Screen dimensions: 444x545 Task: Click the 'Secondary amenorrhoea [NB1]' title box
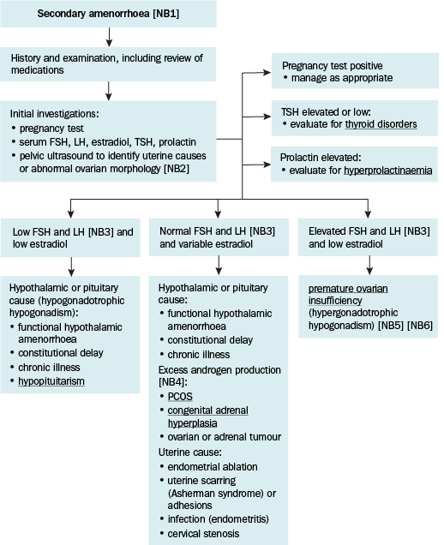[x=109, y=14]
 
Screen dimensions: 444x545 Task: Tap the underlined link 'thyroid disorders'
[x=381, y=124]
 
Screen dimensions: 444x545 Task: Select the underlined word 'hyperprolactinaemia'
[x=388, y=171]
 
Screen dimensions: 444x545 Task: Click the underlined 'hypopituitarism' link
[x=51, y=381]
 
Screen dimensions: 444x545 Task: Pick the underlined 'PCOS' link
[x=180, y=397]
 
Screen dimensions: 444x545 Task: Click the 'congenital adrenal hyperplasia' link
[x=208, y=416]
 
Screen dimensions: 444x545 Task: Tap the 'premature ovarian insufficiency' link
[x=348, y=295]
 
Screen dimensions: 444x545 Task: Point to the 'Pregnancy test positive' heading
[x=332, y=66]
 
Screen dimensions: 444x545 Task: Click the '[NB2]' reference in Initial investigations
[x=177, y=169]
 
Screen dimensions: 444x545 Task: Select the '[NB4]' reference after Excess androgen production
[x=171, y=382]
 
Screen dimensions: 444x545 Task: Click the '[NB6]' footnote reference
[x=420, y=326]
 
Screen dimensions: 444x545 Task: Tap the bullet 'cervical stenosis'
[x=203, y=534]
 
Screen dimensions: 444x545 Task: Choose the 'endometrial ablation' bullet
[x=213, y=466]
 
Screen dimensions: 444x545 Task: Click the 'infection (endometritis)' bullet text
[x=219, y=519]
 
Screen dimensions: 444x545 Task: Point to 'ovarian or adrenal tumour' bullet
[x=225, y=437]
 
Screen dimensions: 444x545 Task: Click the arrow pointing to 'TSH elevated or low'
[x=256, y=117]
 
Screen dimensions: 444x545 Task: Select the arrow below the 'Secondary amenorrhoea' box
[x=109, y=37]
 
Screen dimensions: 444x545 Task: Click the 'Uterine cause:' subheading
[x=189, y=452]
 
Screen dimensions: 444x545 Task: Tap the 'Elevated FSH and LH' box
[x=368, y=237]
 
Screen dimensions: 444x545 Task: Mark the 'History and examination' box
[x=108, y=64]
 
